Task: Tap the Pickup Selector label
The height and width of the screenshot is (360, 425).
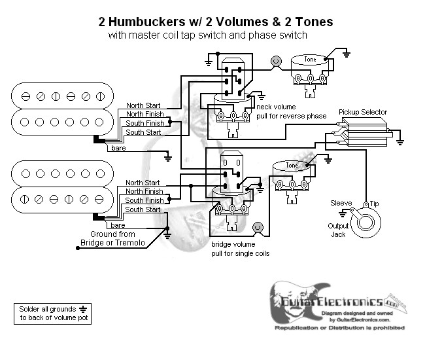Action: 363,112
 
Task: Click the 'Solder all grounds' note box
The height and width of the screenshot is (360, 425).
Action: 51,314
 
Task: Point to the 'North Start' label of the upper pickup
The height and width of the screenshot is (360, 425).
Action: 143,105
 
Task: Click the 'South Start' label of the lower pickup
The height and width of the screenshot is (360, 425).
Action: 143,209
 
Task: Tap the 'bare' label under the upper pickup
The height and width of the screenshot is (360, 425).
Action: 118,149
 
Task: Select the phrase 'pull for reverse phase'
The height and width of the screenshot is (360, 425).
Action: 292,115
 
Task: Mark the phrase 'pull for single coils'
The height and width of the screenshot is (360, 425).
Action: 241,253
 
